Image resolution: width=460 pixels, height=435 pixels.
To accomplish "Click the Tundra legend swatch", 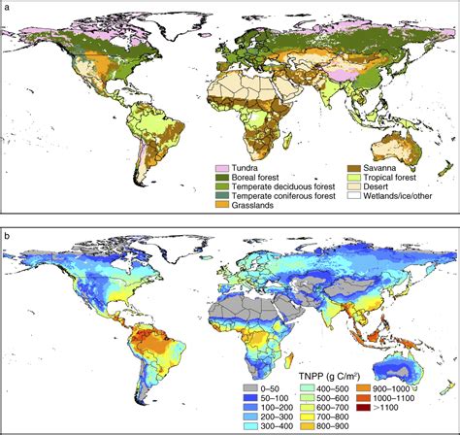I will (x=220, y=168).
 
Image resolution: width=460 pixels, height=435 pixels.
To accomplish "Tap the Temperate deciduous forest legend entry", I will (x=275, y=187).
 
